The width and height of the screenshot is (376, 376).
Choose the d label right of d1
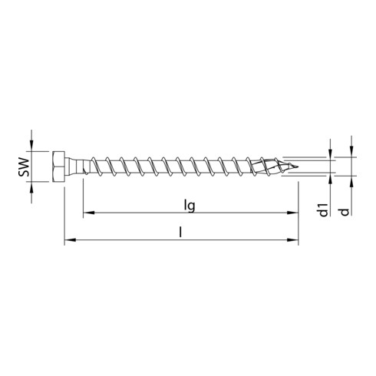[352, 209]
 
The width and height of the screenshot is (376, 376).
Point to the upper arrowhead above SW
[32, 146]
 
